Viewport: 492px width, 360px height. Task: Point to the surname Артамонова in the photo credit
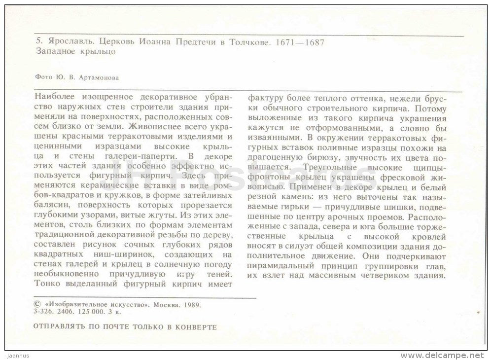tap(99, 77)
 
